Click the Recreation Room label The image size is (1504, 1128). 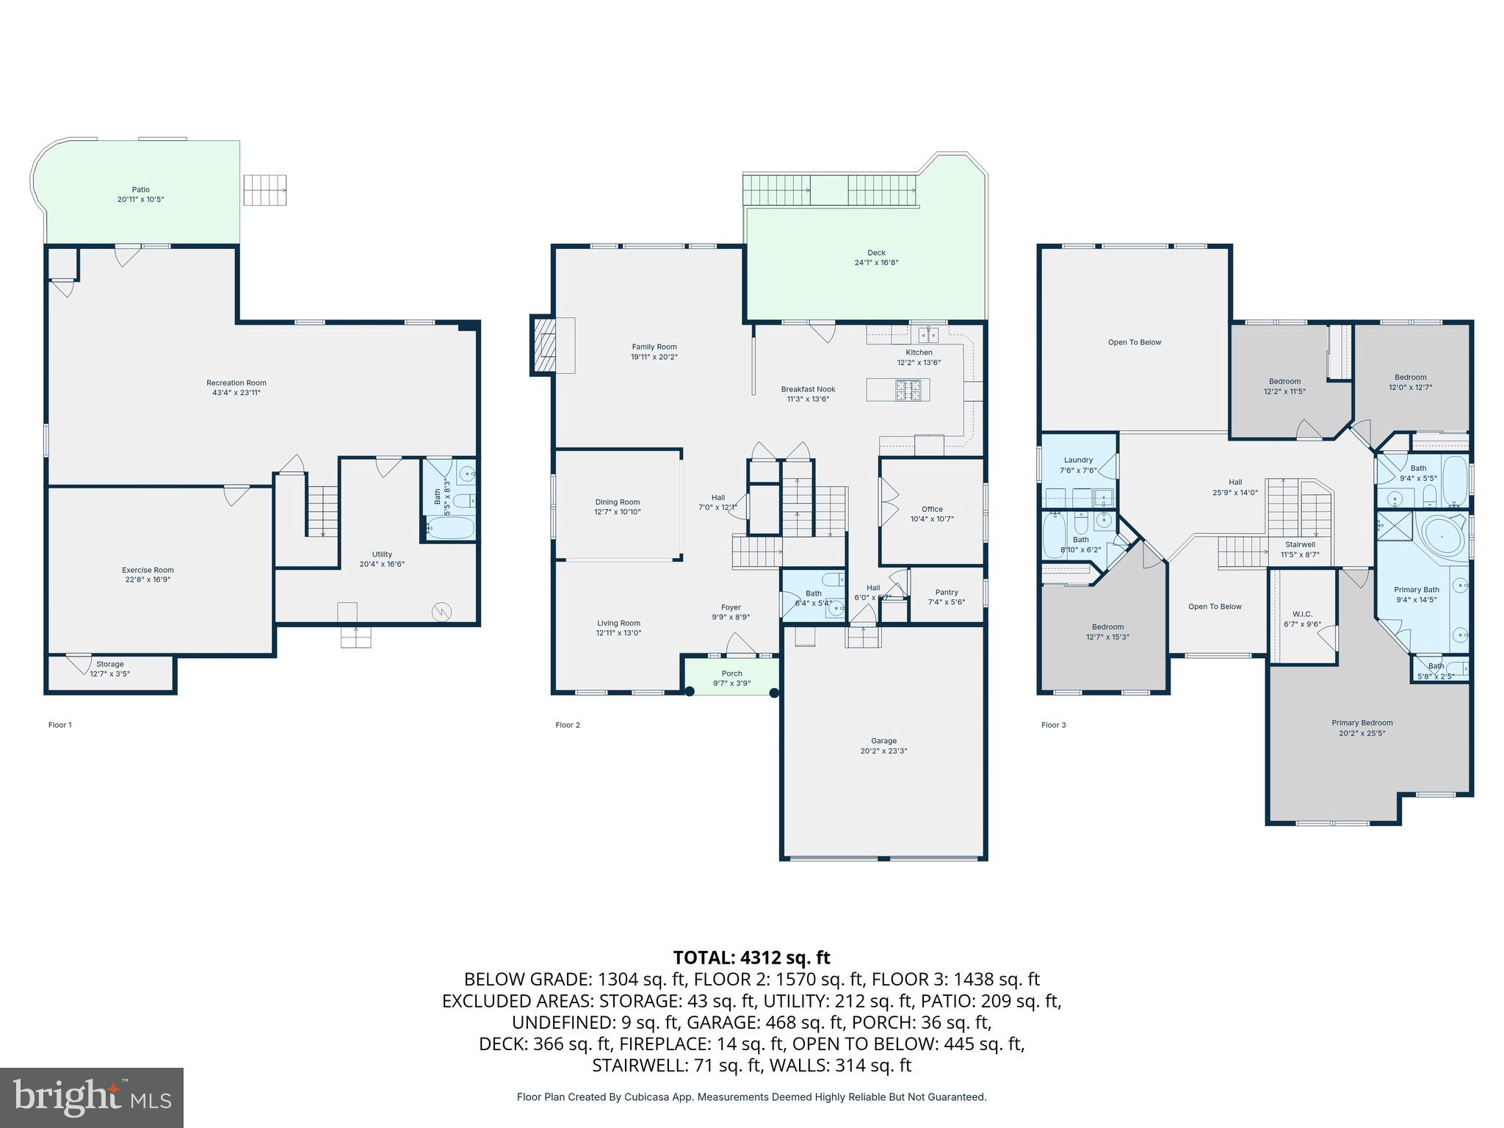tap(236, 383)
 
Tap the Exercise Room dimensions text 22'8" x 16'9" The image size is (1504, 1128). tap(148, 580)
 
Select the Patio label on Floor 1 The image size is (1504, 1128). tap(140, 189)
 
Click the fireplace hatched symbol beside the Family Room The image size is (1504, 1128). tap(544, 345)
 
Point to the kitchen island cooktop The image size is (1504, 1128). tap(907, 390)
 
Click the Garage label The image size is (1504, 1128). tap(883, 741)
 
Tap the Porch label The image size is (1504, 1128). tap(731, 673)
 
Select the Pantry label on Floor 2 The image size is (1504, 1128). tap(947, 592)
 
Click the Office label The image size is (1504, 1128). tap(932, 509)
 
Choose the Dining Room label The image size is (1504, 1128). tap(618, 502)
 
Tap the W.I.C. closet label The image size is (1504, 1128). tap(1302, 614)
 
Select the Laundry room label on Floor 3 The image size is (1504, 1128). tap(1078, 460)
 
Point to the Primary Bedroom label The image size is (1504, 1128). tap(1362, 723)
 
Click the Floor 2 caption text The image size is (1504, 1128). tap(568, 725)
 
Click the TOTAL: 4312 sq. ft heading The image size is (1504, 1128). tap(751, 958)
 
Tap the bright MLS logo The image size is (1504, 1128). tap(92, 1097)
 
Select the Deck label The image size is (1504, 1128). tap(876, 253)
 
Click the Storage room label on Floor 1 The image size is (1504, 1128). tap(109, 664)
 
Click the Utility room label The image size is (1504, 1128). tap(382, 554)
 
